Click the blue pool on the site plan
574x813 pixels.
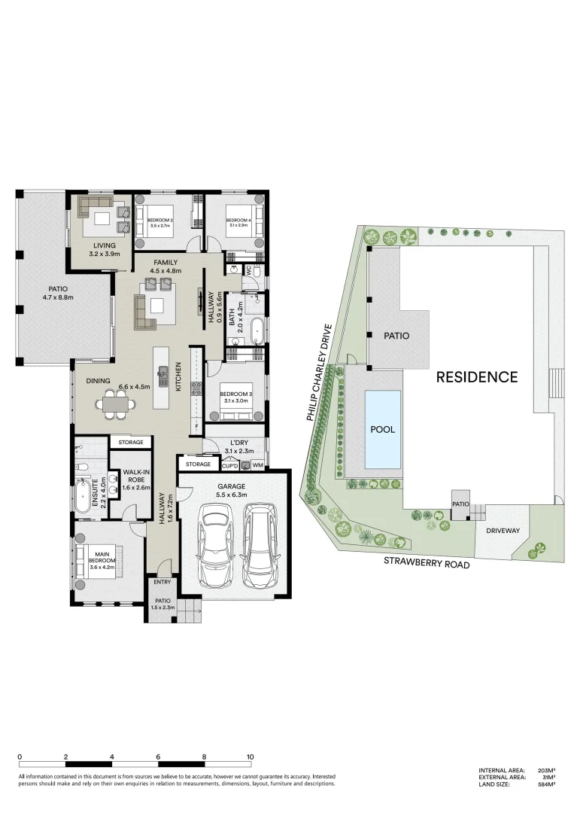pyautogui.click(x=384, y=428)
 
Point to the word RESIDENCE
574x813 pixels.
pyautogui.click(x=477, y=377)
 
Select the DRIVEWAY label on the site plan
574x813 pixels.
pyautogui.click(x=503, y=531)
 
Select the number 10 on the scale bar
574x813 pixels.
pyautogui.click(x=250, y=757)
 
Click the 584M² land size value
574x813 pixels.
pyautogui.click(x=546, y=785)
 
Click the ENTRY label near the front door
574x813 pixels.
pyautogui.click(x=162, y=582)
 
